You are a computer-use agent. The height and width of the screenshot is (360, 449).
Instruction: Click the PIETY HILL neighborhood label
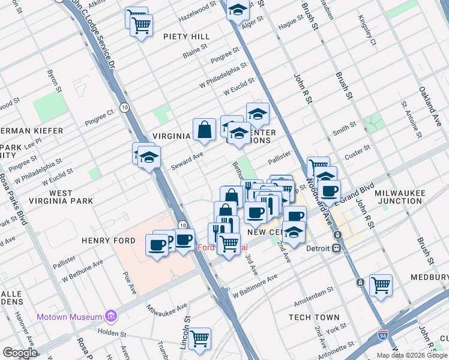click(x=187, y=37)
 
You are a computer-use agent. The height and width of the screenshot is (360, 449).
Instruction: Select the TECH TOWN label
click(x=313, y=317)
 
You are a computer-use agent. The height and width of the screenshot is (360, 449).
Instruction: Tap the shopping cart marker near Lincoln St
click(x=199, y=338)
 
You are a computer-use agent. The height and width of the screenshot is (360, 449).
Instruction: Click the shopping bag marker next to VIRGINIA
click(x=204, y=129)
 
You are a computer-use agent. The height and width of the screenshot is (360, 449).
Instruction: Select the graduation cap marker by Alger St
click(x=238, y=10)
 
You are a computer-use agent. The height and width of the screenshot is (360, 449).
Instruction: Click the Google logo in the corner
click(x=20, y=353)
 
